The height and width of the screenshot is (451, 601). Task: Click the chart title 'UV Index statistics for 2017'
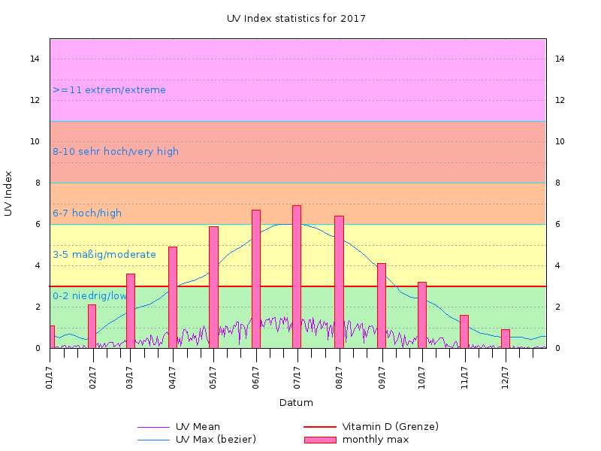(296, 18)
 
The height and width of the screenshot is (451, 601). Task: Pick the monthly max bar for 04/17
(173, 297)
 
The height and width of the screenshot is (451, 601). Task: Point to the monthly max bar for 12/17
(506, 338)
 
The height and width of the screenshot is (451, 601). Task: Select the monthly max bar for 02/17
(92, 326)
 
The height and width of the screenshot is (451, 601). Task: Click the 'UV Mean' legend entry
(198, 427)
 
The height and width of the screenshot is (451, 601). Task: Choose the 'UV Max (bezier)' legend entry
(216, 439)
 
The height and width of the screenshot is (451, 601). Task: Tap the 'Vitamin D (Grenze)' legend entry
(390, 427)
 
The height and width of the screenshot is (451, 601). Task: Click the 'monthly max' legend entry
(376, 439)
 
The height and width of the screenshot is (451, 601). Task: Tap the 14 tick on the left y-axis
(36, 59)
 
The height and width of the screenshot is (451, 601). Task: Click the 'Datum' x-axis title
(296, 403)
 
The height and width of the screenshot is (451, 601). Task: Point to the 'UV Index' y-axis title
(8, 193)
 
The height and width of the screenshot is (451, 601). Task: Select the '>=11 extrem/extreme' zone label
(110, 90)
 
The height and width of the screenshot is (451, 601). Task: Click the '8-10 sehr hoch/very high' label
(116, 152)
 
